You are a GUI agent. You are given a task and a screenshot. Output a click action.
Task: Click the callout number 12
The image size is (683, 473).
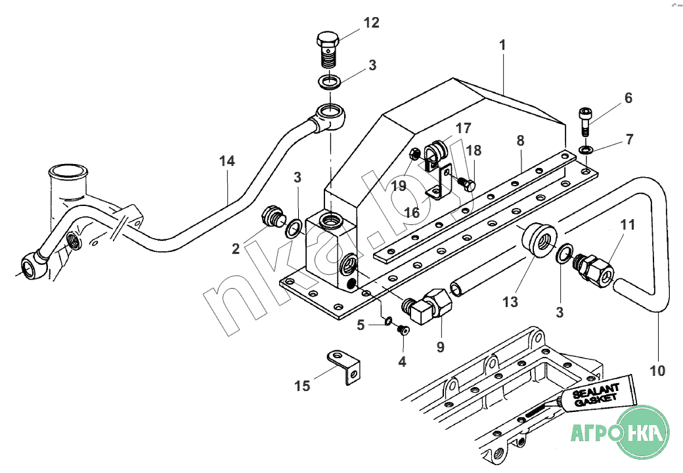pos(371,23)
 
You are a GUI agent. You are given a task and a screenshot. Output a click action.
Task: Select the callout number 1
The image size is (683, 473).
pos(502,46)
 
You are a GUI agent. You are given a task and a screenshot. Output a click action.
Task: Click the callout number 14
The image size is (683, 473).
pos(227,161)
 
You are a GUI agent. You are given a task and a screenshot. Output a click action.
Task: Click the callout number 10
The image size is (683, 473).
pos(657,371)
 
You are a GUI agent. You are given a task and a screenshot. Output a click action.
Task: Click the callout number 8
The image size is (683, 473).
pos(520,140)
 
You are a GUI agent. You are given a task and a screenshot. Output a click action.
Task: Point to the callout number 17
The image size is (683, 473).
pos(464,129)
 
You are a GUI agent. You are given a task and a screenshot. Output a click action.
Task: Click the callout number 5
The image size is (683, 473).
pos(361,324)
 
